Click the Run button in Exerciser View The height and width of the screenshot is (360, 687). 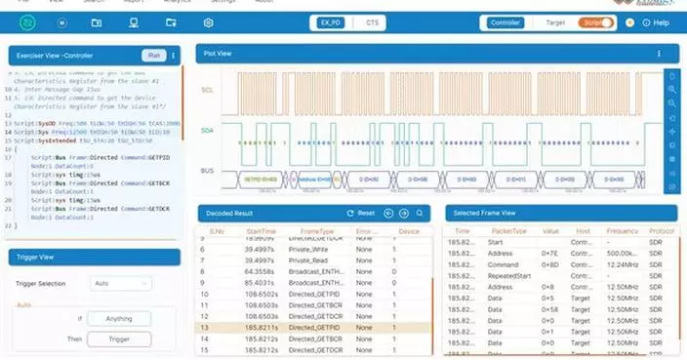(153, 56)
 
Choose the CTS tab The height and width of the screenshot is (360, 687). (373, 21)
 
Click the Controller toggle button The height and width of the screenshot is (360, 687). (506, 21)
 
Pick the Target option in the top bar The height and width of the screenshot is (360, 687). (555, 21)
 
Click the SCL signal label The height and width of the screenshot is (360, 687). (207, 89)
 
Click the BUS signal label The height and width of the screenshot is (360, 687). (207, 171)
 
